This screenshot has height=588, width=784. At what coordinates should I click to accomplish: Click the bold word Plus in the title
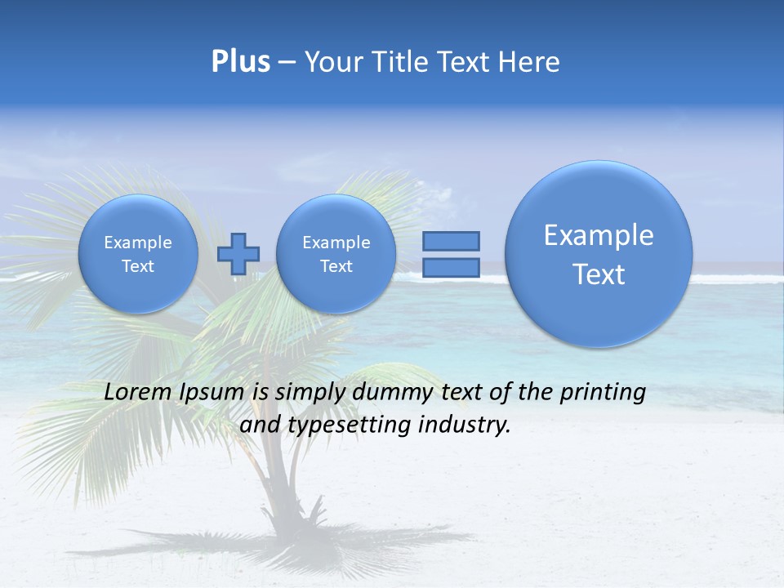pyautogui.click(x=240, y=62)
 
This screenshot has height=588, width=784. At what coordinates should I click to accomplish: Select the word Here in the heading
pyautogui.click(x=528, y=62)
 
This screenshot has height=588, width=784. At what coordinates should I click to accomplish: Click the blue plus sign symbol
pyautogui.click(x=238, y=254)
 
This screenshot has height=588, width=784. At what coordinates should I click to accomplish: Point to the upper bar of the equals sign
pyautogui.click(x=450, y=241)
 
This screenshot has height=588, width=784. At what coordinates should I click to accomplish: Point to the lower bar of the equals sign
pyautogui.click(x=450, y=267)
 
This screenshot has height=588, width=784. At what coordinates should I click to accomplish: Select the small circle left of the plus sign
pyautogui.click(x=138, y=254)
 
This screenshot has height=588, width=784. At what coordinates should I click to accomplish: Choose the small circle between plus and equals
pyautogui.click(x=336, y=254)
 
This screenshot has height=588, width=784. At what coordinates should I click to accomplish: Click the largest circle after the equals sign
pyautogui.click(x=599, y=254)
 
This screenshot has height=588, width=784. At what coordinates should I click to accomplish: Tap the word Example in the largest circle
pyautogui.click(x=599, y=235)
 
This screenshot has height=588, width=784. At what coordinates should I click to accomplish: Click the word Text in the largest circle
pyautogui.click(x=599, y=274)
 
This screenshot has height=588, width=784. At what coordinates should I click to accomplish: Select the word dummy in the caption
pyautogui.click(x=388, y=393)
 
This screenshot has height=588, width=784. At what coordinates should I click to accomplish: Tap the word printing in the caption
pyautogui.click(x=604, y=393)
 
